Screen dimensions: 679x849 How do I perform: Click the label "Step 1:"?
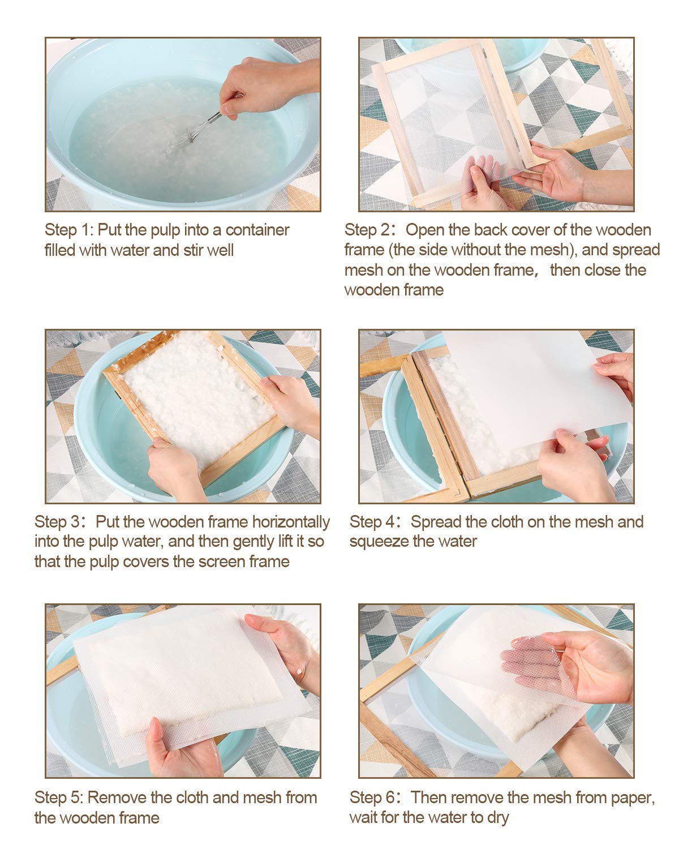click(x=68, y=230)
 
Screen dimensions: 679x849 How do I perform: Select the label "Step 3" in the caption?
click(x=58, y=522)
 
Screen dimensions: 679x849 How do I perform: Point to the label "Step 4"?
click(x=373, y=522)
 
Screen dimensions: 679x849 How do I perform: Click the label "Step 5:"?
click(x=58, y=797)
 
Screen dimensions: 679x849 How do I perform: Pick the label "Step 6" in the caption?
click(x=373, y=797)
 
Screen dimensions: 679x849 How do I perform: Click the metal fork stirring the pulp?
click(x=205, y=126)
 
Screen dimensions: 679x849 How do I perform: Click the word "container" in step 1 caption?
click(x=257, y=230)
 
